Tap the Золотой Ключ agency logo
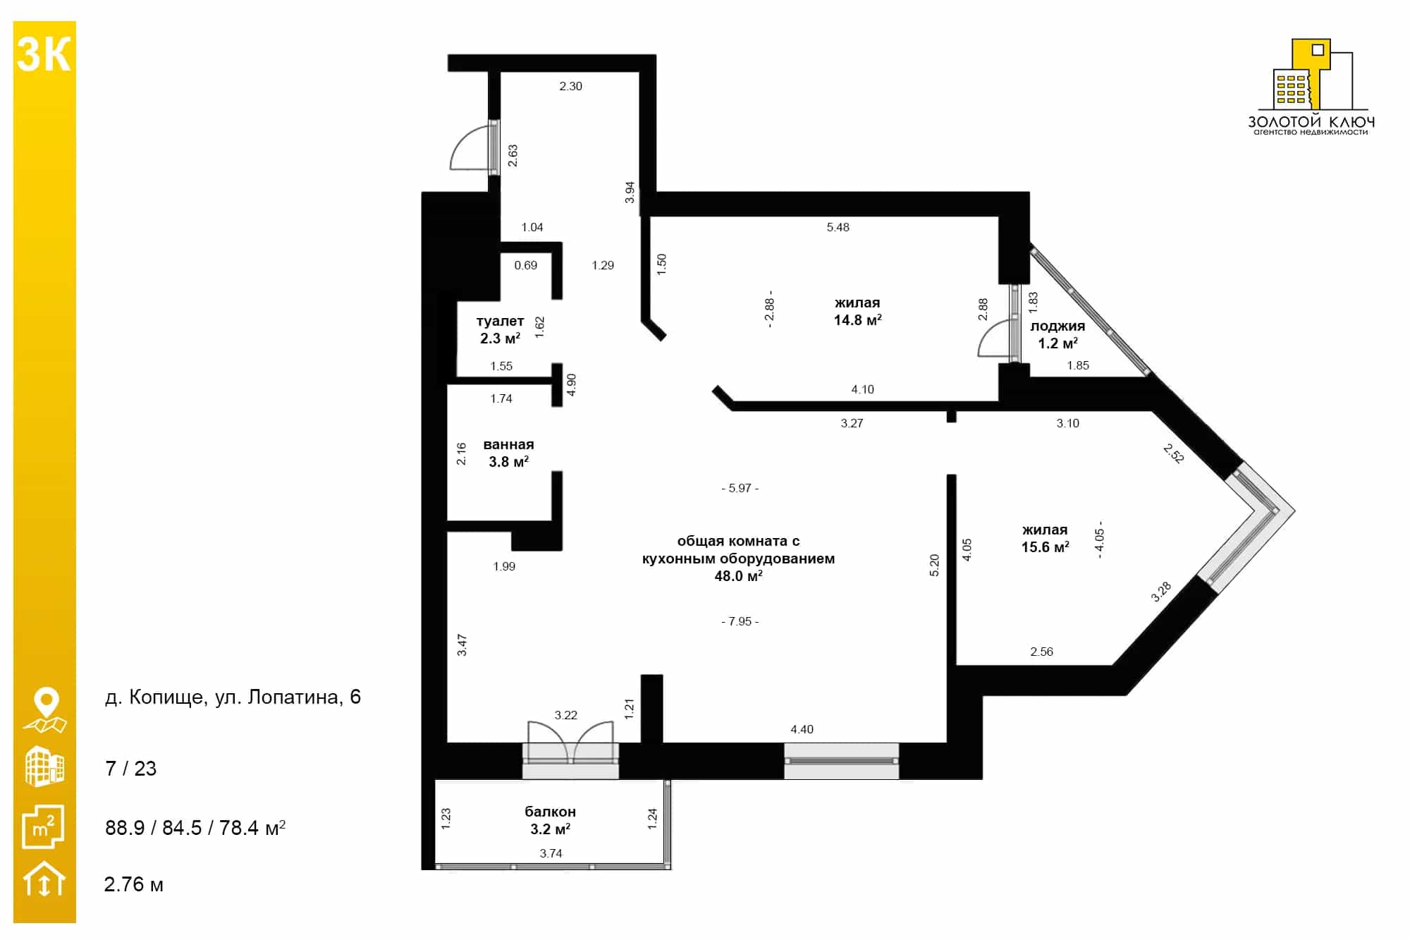tap(1311, 87)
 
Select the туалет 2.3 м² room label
tap(500, 330)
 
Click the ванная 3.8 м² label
tap(508, 453)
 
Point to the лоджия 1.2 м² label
tap(1057, 335)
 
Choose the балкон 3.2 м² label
tap(550, 820)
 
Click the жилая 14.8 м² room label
tap(857, 311)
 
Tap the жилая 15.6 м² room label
tap(1045, 538)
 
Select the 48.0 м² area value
tap(738, 576)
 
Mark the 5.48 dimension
tap(838, 227)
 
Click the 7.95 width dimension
tap(740, 621)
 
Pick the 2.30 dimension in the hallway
tap(570, 86)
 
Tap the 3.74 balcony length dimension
tap(551, 853)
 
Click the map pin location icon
tap(45, 710)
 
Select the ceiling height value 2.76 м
tap(133, 884)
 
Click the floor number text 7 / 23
tap(130, 768)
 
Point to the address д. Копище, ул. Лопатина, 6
tap(233, 697)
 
